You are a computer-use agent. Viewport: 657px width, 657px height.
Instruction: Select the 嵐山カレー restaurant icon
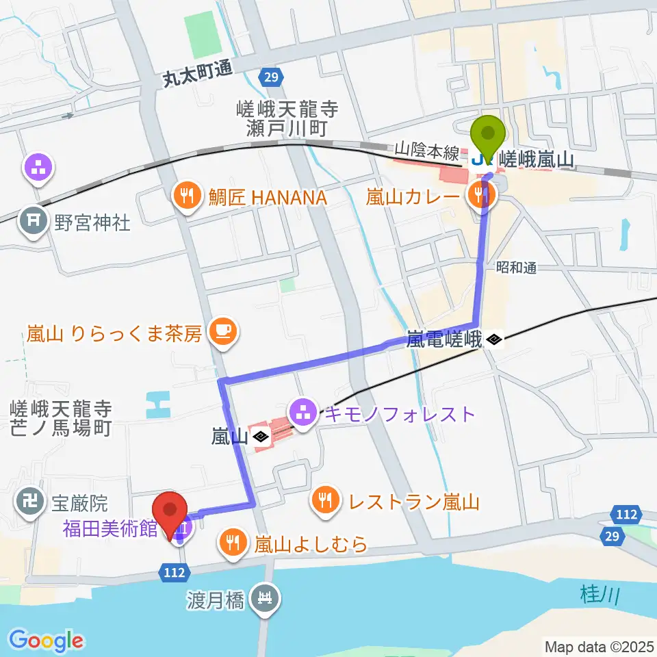tap(476, 197)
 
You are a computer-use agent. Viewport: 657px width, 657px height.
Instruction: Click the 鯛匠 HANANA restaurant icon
tap(185, 197)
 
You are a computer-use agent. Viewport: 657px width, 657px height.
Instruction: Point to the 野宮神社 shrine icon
tap(33, 221)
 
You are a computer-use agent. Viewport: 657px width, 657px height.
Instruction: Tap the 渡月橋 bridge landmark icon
tap(265, 600)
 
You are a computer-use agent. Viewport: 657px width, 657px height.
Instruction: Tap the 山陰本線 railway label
tap(419, 149)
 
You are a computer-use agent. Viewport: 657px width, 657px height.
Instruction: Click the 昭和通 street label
tap(517, 268)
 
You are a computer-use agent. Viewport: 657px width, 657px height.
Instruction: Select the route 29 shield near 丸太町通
tap(271, 77)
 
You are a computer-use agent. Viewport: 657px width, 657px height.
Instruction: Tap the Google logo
tap(46, 641)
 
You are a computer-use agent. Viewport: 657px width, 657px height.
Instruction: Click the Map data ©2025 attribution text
tap(600, 646)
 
